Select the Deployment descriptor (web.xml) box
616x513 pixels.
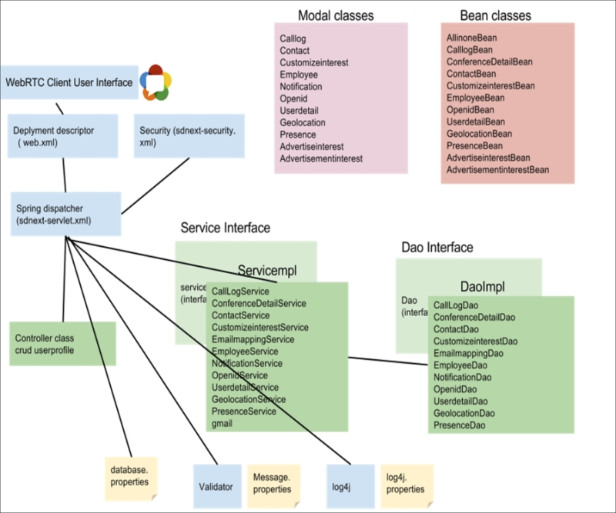(x=63, y=136)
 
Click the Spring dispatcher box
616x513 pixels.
(x=65, y=214)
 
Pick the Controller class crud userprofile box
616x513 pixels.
(x=62, y=344)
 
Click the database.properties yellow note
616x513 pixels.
(x=129, y=476)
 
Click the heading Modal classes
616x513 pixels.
(x=336, y=15)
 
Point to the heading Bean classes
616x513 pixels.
(x=495, y=15)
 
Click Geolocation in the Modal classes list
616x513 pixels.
(x=303, y=122)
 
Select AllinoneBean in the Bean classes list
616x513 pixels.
(x=471, y=37)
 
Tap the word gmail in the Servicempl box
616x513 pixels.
(x=222, y=424)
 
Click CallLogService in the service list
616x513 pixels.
(x=240, y=291)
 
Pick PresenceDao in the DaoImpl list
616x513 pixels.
(x=459, y=425)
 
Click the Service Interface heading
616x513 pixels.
(x=225, y=228)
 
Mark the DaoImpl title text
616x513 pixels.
(x=481, y=286)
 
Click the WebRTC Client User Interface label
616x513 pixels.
(x=69, y=82)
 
